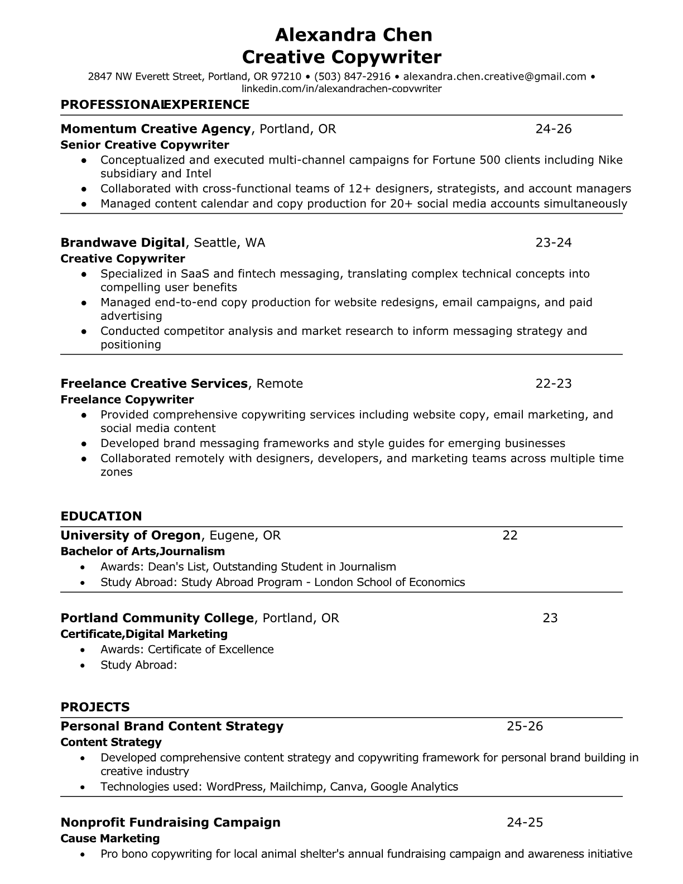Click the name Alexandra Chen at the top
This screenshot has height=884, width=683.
pyautogui.click(x=353, y=35)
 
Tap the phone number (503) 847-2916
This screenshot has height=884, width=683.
pyautogui.click(x=352, y=76)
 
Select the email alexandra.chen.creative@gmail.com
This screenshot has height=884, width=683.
pyautogui.click(x=494, y=76)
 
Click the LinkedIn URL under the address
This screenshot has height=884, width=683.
pyautogui.click(x=341, y=89)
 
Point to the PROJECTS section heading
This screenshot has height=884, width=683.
pyautogui.click(x=95, y=707)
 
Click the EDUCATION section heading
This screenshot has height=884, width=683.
pyautogui.click(x=101, y=516)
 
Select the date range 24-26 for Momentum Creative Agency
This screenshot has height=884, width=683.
pyautogui.click(x=554, y=129)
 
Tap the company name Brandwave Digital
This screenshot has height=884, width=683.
pyautogui.click(x=122, y=242)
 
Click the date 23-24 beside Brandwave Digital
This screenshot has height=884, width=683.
pyautogui.click(x=554, y=242)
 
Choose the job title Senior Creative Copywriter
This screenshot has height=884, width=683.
pyautogui.click(x=145, y=145)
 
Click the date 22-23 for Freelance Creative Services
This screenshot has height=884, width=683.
pyautogui.click(x=554, y=383)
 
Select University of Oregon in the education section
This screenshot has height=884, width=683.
pyautogui.click(x=130, y=535)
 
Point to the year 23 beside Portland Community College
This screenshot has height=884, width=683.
pyautogui.click(x=550, y=618)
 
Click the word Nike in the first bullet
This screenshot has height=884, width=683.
pyautogui.click(x=610, y=160)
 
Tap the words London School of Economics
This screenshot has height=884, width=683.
pyautogui.click(x=389, y=582)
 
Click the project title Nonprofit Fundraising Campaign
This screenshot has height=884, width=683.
pyautogui.click(x=170, y=822)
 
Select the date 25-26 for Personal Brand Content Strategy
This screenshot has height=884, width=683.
pyautogui.click(x=525, y=726)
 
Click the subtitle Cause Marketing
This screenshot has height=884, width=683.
pyautogui.click(x=110, y=838)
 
